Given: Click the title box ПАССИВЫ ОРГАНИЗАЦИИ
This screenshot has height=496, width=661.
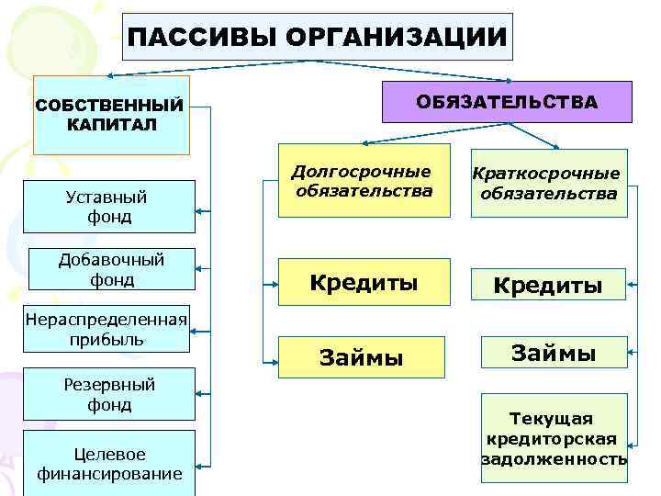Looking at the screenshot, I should point(317,37).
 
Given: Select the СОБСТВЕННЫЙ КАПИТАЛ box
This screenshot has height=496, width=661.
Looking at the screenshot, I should point(110,115).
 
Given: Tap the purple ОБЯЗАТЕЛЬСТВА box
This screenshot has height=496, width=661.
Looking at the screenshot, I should point(507,102).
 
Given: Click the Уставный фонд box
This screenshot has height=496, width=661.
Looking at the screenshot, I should point(108,207).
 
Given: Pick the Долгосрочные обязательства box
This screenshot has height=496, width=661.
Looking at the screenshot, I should point(364,181).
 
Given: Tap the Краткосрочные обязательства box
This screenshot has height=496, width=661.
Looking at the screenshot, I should point(548,184).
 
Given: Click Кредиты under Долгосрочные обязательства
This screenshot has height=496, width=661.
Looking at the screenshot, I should point(364,282).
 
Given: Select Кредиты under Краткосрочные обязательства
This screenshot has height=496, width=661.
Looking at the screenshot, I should point(548,286).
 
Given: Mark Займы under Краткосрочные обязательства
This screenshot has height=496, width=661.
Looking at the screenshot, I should point(554,353).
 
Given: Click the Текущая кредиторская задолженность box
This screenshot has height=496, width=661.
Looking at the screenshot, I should point(554,439).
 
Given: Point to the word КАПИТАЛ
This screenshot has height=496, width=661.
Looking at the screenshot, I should point(111,124).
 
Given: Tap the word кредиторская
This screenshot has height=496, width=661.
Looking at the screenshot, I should point(553,439).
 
